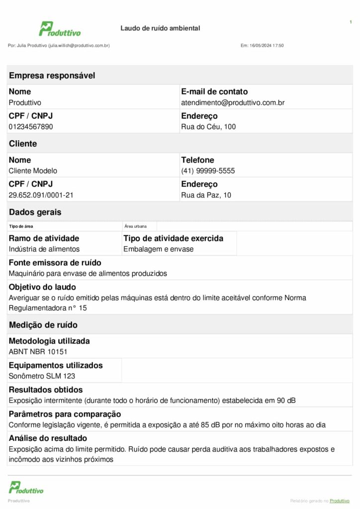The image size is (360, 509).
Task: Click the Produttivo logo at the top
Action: point(60,29)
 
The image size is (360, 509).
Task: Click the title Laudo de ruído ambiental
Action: point(160,28)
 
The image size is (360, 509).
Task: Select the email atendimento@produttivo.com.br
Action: point(233,103)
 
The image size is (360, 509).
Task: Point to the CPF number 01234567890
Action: point(31,127)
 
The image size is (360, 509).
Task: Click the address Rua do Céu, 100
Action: point(208,127)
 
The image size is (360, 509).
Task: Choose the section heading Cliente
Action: point(23,144)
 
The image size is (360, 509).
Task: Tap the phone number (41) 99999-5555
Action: point(208,171)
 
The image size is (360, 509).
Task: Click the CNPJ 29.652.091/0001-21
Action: point(41,195)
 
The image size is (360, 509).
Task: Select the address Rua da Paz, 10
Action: point(206,195)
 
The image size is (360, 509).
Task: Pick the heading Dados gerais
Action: point(35,212)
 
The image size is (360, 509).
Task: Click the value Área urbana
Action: point(136,226)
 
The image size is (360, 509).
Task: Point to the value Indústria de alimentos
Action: point(44,249)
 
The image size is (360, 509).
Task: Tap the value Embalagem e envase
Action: point(159,249)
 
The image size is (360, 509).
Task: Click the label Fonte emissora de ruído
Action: point(55,262)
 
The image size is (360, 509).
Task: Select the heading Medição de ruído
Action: point(43,325)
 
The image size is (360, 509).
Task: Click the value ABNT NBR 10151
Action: point(38,352)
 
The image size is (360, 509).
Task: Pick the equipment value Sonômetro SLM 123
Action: point(42,376)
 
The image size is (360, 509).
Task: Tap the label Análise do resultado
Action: point(48,438)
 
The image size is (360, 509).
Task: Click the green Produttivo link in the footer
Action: point(340,501)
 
